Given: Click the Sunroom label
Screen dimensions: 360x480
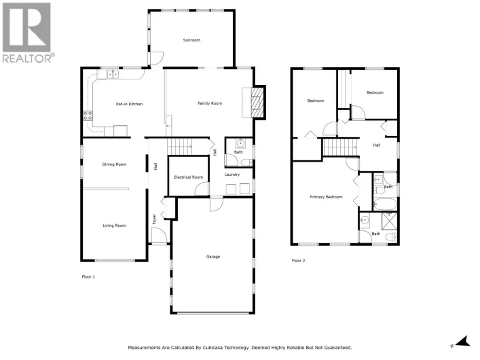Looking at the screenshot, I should [x=191, y=41].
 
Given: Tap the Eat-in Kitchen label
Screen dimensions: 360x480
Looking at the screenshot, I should [x=129, y=104].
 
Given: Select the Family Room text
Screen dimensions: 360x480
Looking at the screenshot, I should [x=210, y=103].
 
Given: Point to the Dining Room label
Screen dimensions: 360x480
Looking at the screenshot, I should [x=114, y=164].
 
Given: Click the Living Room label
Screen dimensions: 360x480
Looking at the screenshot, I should [x=114, y=226].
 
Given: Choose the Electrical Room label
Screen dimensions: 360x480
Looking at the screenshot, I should [x=188, y=177].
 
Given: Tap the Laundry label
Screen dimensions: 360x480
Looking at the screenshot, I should [x=232, y=175].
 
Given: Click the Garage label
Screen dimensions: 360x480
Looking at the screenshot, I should [x=213, y=257].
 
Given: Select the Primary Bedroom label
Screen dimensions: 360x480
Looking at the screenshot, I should [x=326, y=198].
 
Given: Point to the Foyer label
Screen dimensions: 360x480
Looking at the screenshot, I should [x=154, y=219].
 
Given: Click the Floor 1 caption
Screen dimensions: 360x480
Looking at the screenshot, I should [x=88, y=276].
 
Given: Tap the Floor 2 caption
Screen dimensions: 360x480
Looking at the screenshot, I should [x=298, y=261].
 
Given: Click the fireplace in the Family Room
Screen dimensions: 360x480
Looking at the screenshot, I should [x=257, y=102].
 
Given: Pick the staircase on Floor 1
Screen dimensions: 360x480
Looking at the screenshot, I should [x=180, y=145].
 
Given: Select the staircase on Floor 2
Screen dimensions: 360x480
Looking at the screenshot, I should [x=339, y=146].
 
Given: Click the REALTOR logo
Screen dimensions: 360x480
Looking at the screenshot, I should [x=27, y=33].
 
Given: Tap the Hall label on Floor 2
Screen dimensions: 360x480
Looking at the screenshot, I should [x=376, y=145].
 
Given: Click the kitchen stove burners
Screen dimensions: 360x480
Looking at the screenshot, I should [x=88, y=116].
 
